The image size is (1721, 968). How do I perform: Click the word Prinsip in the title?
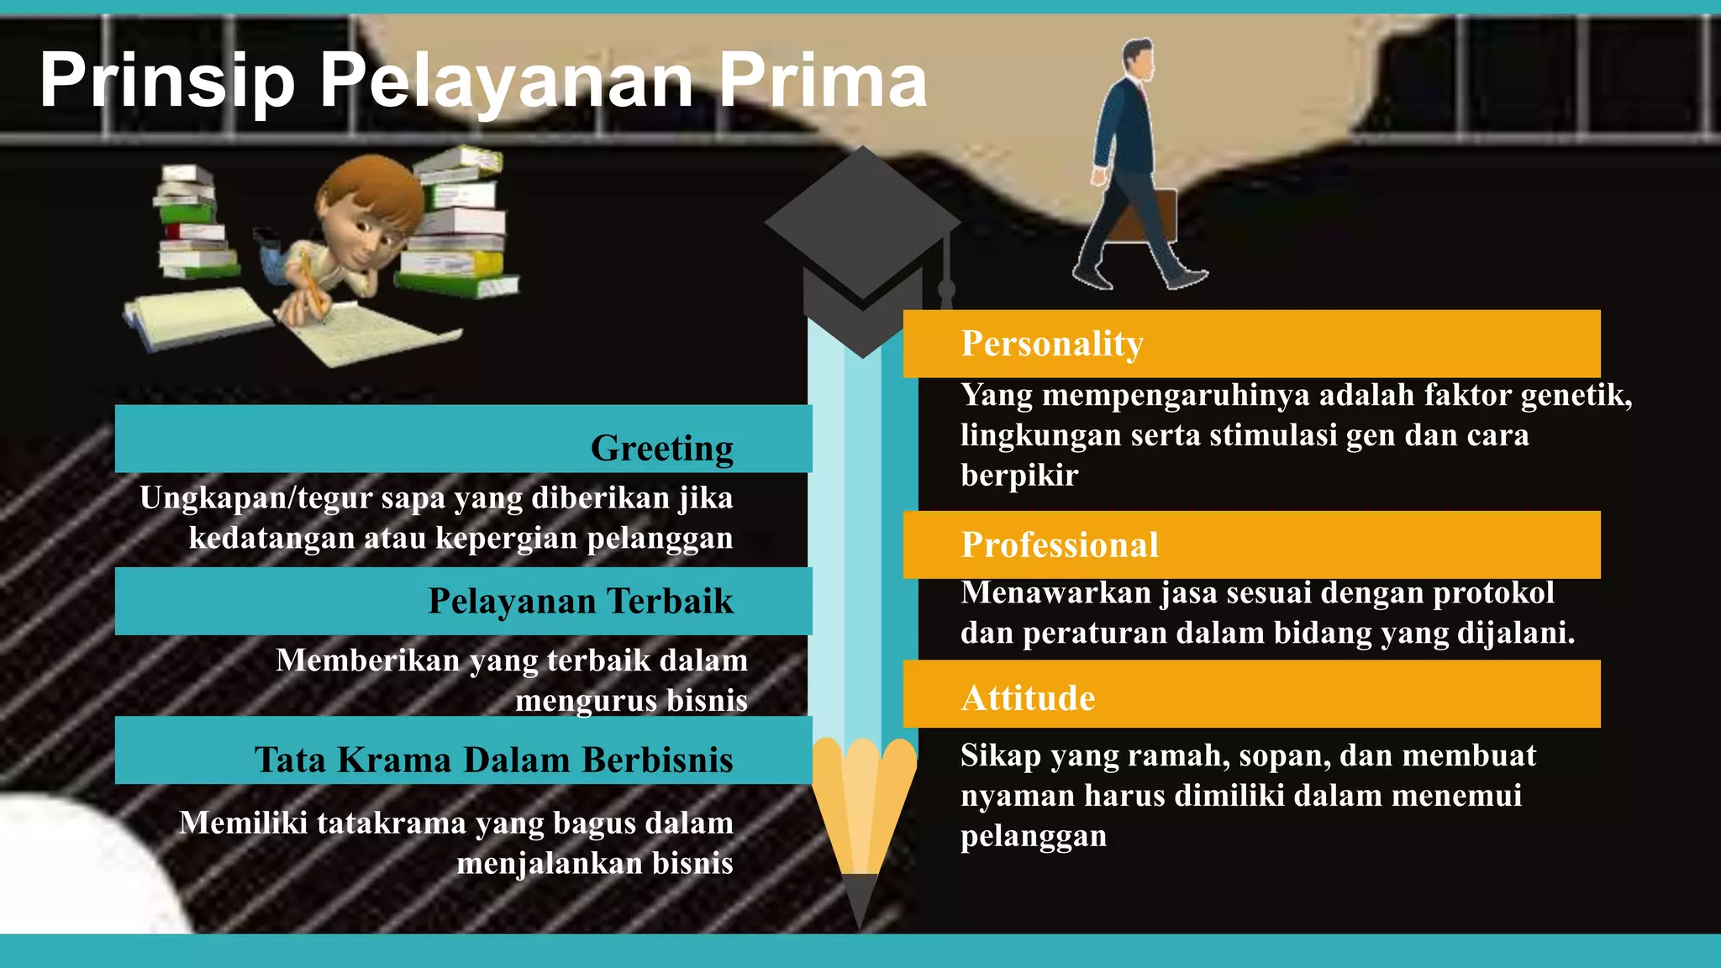[x=167, y=81]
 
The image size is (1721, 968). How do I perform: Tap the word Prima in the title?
[x=823, y=81]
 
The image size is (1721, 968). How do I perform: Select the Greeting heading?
[x=661, y=448]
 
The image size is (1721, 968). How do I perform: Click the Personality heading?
[x=1052, y=344]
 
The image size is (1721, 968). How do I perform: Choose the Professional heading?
[x=1060, y=544]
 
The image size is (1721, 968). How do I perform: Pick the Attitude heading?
[x=1028, y=698]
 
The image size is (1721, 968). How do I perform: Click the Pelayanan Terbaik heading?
[x=581, y=601]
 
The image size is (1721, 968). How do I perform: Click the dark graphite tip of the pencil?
[x=860, y=899]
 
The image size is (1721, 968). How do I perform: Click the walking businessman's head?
[x=1139, y=57]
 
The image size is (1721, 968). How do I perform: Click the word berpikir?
[x=1019, y=476]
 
